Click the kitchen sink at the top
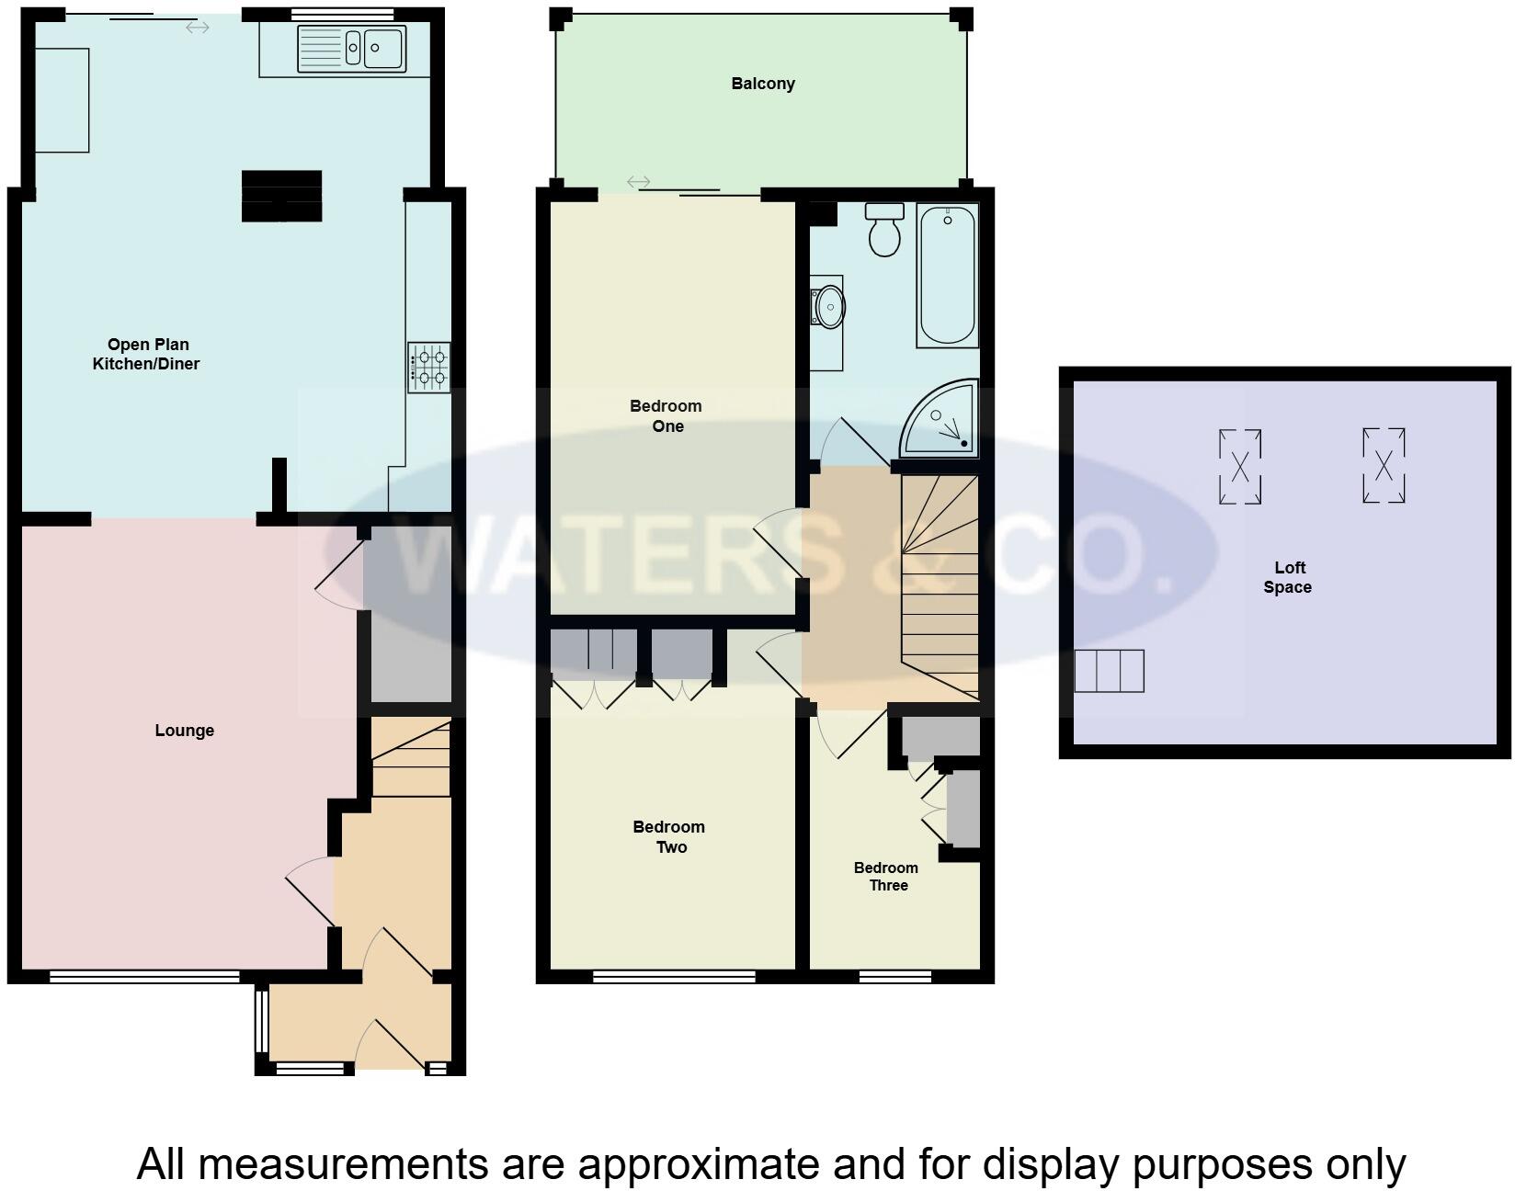(x=351, y=49)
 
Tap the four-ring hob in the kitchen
(x=429, y=367)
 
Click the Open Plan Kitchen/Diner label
(x=147, y=354)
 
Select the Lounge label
(x=184, y=731)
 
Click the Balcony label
(x=763, y=84)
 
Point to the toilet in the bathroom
(x=884, y=230)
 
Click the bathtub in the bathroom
(x=947, y=276)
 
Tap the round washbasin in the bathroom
(x=829, y=306)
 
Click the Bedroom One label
(x=666, y=415)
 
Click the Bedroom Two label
(x=669, y=836)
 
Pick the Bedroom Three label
(x=886, y=876)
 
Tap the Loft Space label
(x=1288, y=577)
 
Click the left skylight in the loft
(x=1239, y=467)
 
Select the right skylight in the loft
(x=1384, y=465)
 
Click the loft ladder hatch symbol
(x=1110, y=671)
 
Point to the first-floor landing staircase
(x=940, y=588)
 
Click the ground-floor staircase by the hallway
(x=411, y=759)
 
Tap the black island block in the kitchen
(x=281, y=196)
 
